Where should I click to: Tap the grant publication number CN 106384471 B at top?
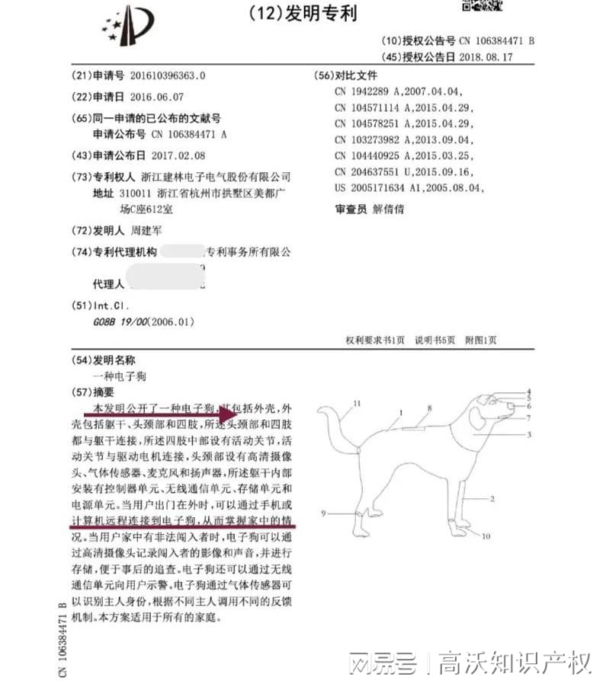(496, 40)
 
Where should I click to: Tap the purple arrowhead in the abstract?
(232, 416)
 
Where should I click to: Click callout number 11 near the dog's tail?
(356, 405)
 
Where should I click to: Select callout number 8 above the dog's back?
(429, 409)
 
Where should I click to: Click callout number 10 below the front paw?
(486, 536)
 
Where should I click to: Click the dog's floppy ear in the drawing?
(477, 418)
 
